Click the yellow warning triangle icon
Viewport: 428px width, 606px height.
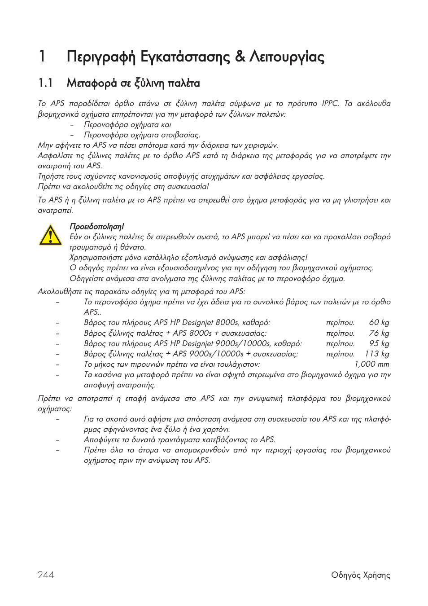pos(50,235)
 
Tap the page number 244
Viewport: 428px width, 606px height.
pos(46,575)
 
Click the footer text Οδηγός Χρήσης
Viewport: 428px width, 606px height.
pos(361,575)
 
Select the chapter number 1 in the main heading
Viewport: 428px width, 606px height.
pos(42,57)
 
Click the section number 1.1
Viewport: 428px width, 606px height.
pos(46,83)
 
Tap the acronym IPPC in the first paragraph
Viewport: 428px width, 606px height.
pos(330,104)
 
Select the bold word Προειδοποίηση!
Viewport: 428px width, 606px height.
pos(96,227)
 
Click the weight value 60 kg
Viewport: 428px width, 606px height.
pos(379,323)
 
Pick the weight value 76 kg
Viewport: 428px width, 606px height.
pos(379,333)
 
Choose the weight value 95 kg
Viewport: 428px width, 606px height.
pos(379,343)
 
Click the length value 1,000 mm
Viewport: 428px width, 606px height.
pos(372,364)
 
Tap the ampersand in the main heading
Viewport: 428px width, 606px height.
pos(240,57)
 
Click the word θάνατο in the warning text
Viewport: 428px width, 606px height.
pos(132,247)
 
